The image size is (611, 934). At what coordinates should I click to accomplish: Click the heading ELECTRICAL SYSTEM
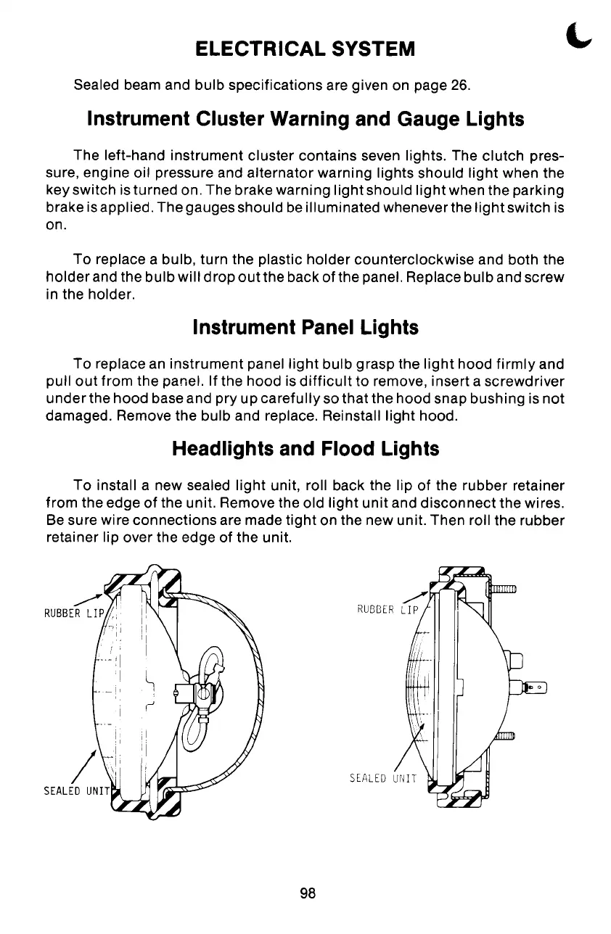[x=305, y=49]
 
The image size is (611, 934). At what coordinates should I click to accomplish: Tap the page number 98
[x=306, y=893]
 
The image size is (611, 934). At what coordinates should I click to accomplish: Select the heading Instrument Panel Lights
[x=305, y=328]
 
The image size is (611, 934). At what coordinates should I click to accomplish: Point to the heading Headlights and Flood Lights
[x=305, y=449]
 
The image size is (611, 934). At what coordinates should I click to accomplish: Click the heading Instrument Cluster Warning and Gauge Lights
[x=305, y=119]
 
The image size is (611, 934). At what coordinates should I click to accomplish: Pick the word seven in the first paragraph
[x=377, y=156]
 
